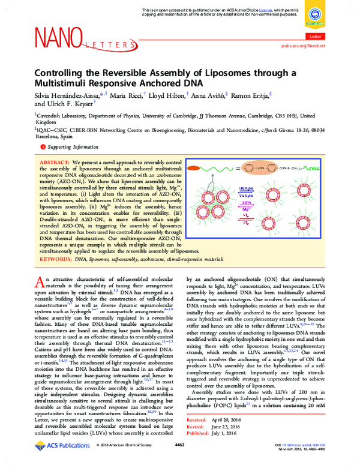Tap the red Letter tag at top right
[x=314, y=37]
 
